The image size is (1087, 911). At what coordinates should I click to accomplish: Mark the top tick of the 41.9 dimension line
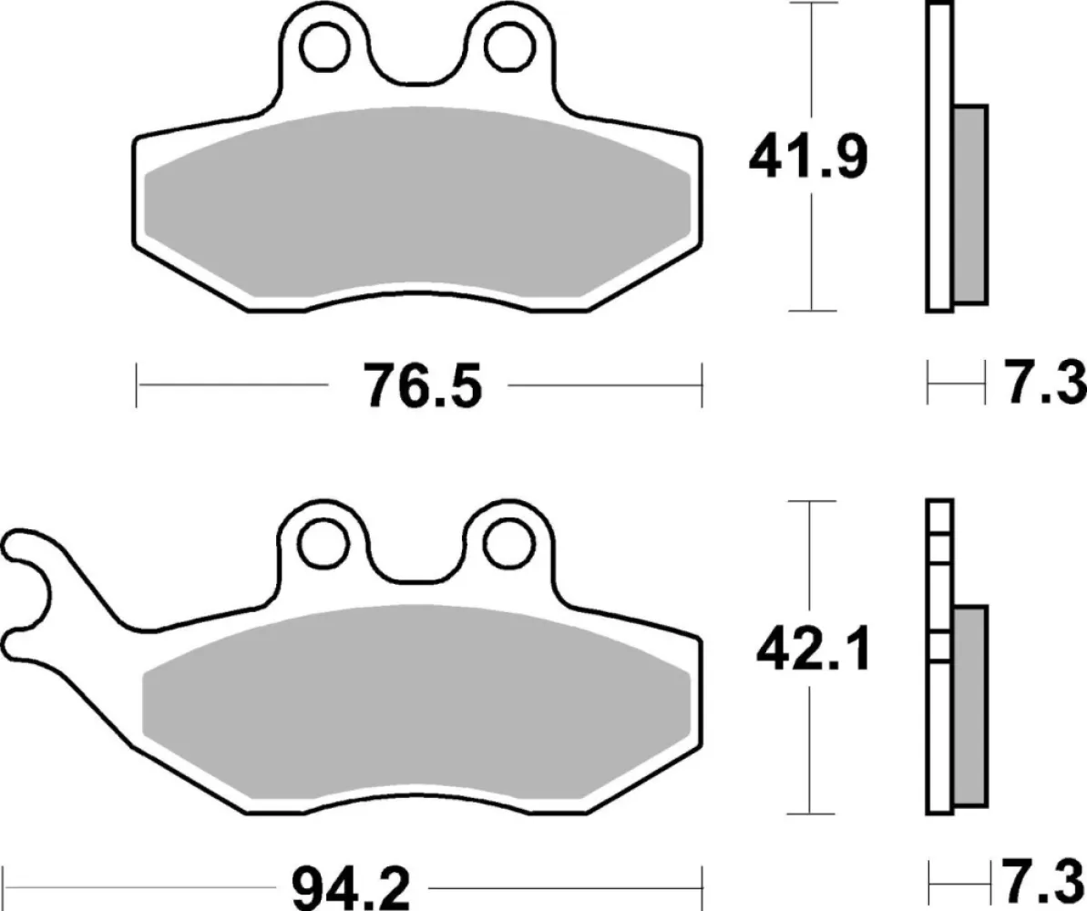(811, 4)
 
